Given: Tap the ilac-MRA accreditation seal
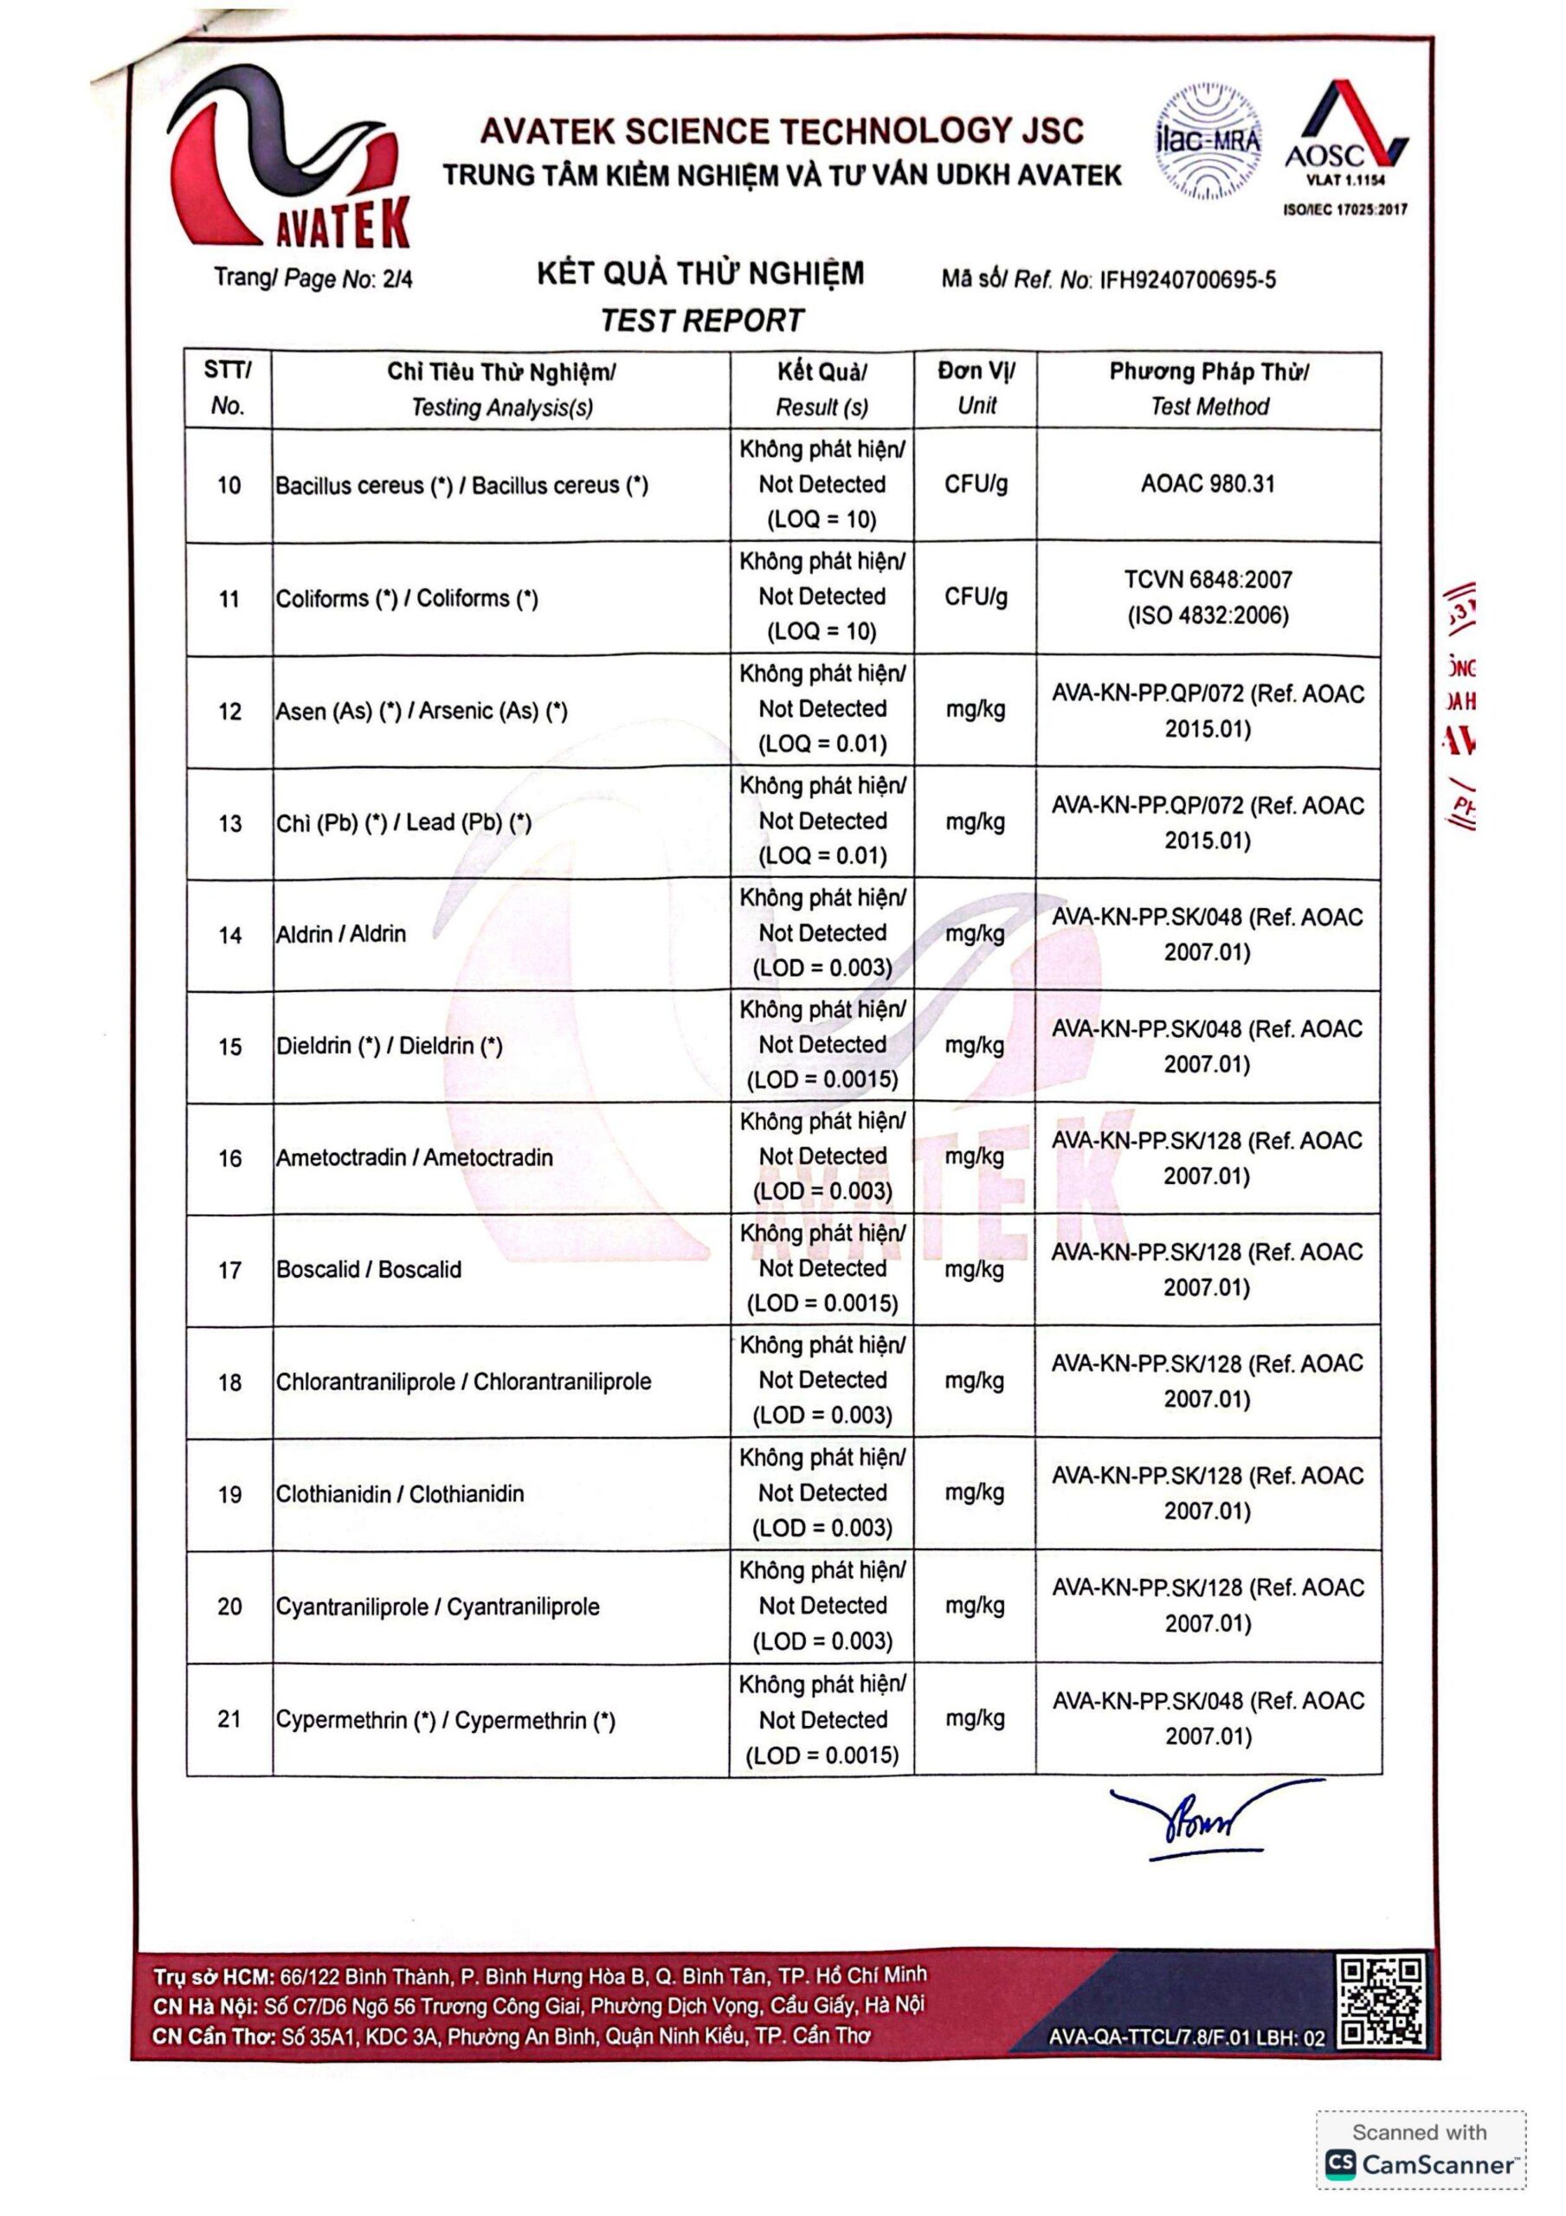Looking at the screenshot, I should click(x=1208, y=143).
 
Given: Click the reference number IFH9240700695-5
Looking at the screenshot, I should click(x=1188, y=280).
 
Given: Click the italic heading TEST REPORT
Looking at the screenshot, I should click(x=702, y=319).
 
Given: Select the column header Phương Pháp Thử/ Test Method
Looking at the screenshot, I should click(x=1208, y=389).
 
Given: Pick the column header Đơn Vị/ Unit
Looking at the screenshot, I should click(x=976, y=388).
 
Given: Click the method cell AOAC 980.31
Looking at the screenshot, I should click(x=1208, y=484).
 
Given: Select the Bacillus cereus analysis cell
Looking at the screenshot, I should click(x=462, y=486).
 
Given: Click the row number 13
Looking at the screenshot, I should click(x=229, y=823).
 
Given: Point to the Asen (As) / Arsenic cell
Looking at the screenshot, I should click(x=422, y=712).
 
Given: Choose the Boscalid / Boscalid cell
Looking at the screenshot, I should click(x=369, y=1269).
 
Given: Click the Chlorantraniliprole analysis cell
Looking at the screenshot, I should click(x=463, y=1382).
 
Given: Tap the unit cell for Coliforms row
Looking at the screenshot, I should click(x=976, y=597).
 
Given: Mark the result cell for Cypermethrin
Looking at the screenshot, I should click(x=822, y=1719).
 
